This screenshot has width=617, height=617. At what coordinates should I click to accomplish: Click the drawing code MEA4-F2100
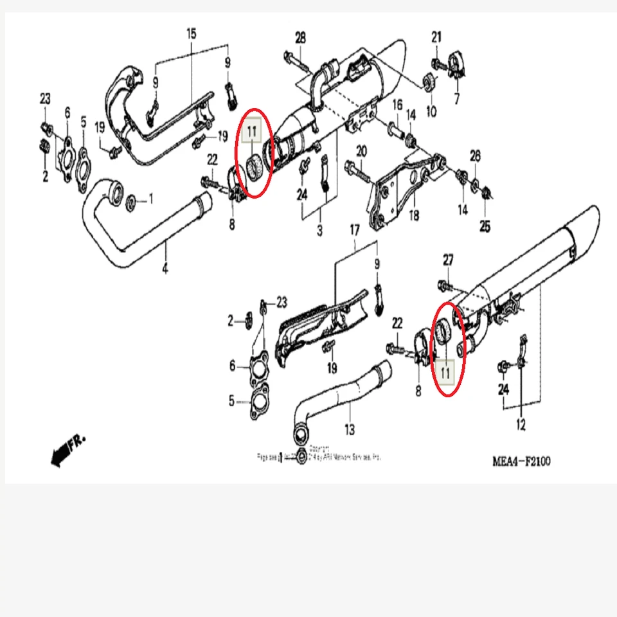(x=521, y=461)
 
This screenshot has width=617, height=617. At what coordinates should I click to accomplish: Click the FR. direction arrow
(x=67, y=448)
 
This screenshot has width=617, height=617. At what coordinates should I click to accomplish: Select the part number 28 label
(x=300, y=38)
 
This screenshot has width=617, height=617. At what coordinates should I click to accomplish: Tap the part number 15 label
(x=191, y=33)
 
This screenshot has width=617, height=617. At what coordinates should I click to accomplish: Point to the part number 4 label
(x=165, y=269)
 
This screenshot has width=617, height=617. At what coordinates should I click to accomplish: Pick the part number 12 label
(x=521, y=424)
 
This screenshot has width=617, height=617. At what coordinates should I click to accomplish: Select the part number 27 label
(x=448, y=260)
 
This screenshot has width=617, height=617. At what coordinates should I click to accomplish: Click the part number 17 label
(x=354, y=229)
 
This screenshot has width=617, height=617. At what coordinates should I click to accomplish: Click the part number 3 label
(x=319, y=229)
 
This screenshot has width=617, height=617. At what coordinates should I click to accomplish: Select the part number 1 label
(x=152, y=201)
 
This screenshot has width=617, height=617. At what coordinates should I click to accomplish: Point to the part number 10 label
(x=431, y=111)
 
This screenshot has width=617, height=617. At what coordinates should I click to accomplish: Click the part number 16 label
(x=397, y=105)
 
